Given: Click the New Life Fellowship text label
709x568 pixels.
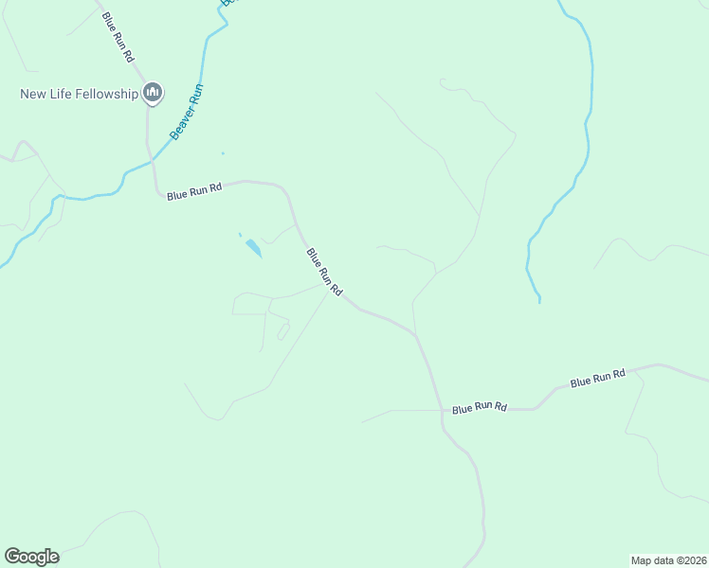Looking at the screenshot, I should coord(80,94).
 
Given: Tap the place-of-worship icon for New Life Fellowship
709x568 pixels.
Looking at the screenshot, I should coord(153,93).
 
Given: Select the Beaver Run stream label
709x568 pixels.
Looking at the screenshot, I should coord(188,112).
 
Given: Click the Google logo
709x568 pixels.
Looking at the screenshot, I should coord(31,557).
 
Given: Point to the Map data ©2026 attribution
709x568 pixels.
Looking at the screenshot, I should coord(668,559).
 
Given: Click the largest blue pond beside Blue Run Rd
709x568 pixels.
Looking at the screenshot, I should coord(253,248).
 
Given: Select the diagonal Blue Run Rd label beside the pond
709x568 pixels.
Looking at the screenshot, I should coord(323,273).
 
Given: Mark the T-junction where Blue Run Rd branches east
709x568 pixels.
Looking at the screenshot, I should coord(443,410).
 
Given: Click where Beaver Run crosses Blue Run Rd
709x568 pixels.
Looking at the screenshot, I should coord(149,165).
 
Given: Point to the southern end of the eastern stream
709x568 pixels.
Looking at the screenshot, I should coord(539,301).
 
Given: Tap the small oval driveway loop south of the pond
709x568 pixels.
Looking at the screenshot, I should coord(282,331).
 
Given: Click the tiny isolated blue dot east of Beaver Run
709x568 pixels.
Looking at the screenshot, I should coord(223,153).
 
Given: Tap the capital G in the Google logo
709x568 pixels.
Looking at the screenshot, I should coord(11,557).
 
